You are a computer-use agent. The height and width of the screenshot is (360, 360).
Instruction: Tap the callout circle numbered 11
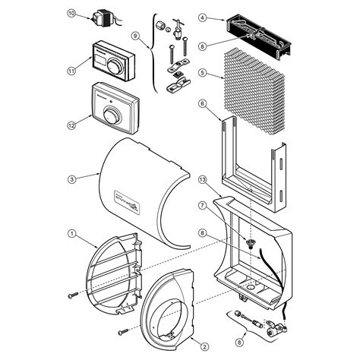coord(71,71)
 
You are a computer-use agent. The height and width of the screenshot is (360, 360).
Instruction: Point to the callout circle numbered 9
coord(136,35)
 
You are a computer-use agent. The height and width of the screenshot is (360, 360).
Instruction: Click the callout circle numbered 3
coord(71,179)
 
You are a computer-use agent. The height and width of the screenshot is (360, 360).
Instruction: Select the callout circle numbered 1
coord(71,233)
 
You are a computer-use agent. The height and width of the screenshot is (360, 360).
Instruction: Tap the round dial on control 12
coord(112,115)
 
